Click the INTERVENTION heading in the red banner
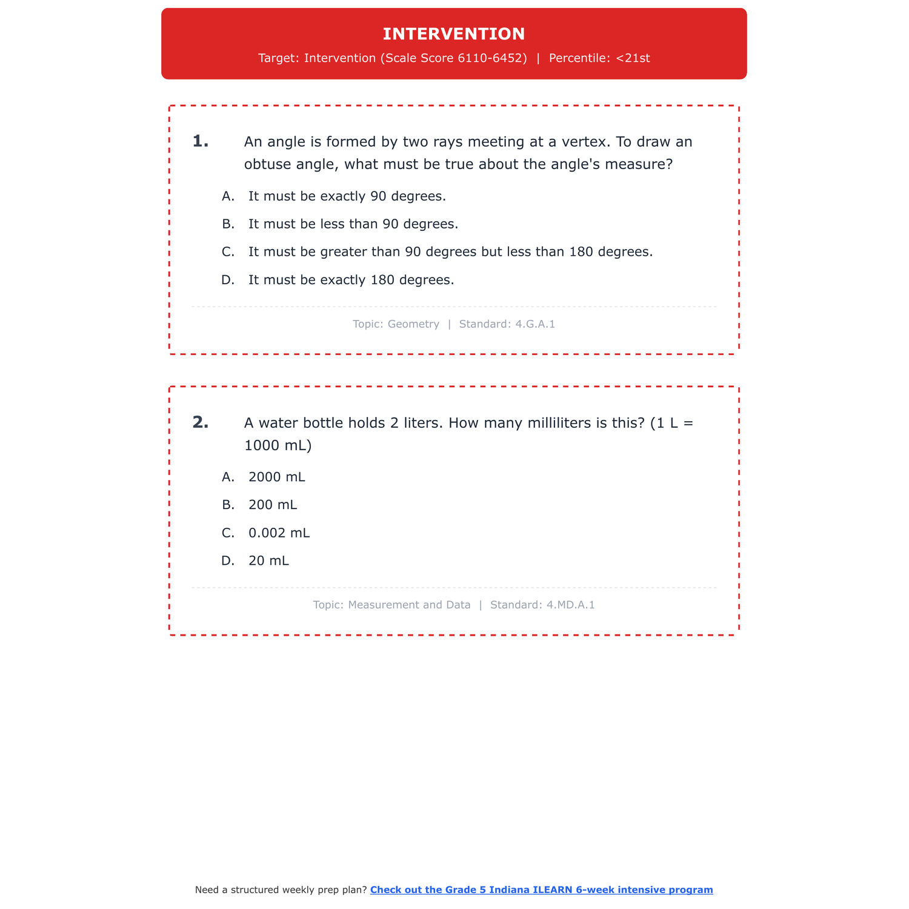[x=454, y=34]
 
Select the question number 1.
[x=200, y=142]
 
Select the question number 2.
[x=200, y=422]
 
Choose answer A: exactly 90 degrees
[x=347, y=196]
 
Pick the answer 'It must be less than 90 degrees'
[x=353, y=224]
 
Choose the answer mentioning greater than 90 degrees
[x=450, y=252]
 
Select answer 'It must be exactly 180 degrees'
[x=351, y=280]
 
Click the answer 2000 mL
[x=276, y=477]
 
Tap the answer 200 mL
[x=273, y=505]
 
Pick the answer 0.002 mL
[x=279, y=533]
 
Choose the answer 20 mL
[x=268, y=561]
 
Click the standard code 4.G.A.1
[x=534, y=324]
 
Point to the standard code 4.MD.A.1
[x=570, y=605]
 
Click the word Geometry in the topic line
[x=413, y=324]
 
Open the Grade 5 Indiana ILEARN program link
[x=541, y=890]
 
